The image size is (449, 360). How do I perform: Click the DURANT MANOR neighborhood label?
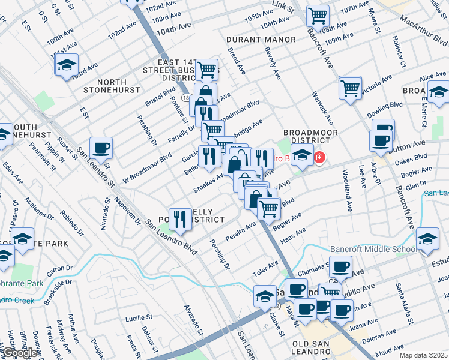pyautogui.click(x=261, y=40)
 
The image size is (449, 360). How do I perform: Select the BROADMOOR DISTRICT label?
pyautogui.click(x=311, y=137)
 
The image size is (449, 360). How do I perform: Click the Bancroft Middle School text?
pyautogui.click(x=373, y=249)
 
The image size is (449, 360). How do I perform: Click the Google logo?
pyautogui.click(x=20, y=353)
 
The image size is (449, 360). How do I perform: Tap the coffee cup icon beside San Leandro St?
pyautogui.click(x=101, y=147)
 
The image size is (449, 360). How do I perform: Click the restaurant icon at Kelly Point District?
pyautogui.click(x=180, y=218)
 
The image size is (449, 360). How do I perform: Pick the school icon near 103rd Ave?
pyautogui.click(x=67, y=65)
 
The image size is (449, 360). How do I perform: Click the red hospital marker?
pyautogui.click(x=319, y=158)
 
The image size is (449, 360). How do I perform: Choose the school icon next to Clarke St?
pyautogui.click(x=265, y=296)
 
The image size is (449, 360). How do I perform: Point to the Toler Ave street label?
pyautogui.click(x=265, y=268)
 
